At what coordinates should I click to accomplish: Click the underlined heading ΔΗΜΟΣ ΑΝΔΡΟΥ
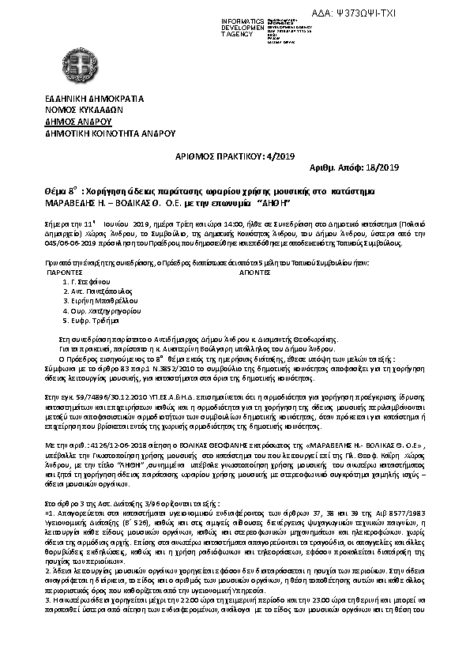pyautogui.click(x=78, y=122)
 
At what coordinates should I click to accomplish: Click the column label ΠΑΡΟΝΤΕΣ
pyautogui.click(x=65, y=270)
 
